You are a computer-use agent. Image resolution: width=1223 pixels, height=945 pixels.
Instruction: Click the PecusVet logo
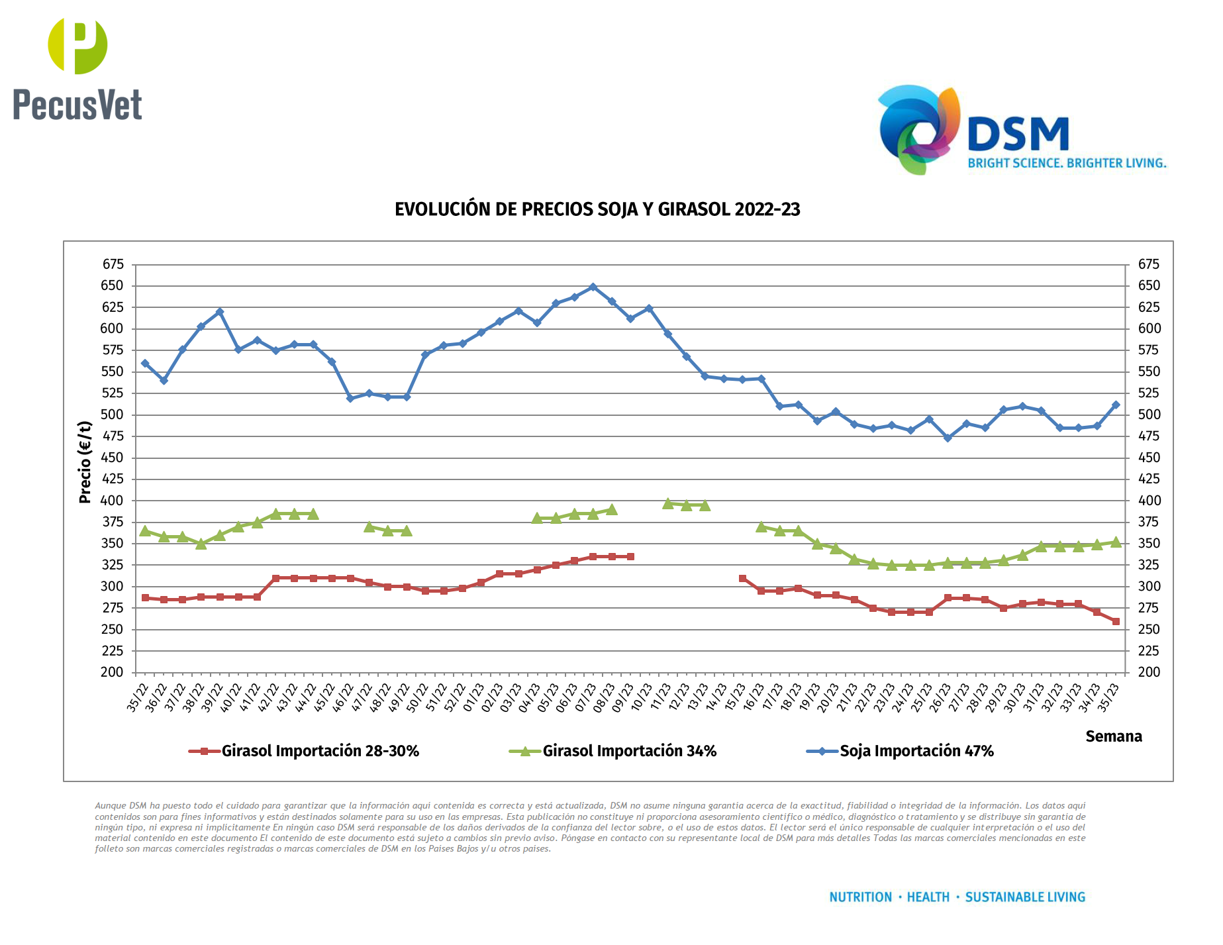(77, 70)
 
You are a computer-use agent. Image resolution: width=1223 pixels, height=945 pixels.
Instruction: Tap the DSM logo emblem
(919, 130)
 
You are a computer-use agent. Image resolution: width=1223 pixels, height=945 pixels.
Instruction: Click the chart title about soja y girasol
(597, 209)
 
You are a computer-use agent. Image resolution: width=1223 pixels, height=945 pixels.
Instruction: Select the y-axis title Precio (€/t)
(85, 462)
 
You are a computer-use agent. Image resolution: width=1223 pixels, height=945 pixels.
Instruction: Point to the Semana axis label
(1113, 736)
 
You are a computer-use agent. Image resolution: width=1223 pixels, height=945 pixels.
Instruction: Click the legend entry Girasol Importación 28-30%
(320, 751)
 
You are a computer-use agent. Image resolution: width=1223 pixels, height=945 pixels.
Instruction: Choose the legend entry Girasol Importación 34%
(629, 751)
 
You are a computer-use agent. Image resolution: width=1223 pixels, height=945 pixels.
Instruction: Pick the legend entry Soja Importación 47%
(916, 751)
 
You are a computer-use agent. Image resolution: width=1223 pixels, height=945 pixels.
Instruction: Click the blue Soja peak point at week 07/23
(593, 287)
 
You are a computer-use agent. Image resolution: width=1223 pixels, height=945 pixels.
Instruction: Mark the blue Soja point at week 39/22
(220, 312)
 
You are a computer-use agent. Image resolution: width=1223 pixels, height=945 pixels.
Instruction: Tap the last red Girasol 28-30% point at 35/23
(1116, 621)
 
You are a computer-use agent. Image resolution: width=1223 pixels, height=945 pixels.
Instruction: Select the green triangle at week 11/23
(667, 504)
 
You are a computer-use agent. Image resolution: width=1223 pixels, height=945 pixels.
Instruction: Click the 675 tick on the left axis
(113, 264)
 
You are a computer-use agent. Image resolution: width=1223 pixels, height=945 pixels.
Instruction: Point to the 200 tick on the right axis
(1148, 672)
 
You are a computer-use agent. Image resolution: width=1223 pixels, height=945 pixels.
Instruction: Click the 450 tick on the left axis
(113, 458)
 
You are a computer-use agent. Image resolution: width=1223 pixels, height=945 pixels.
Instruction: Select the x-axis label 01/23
(473, 697)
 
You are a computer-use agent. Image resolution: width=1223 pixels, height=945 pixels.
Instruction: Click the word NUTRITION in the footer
(860, 897)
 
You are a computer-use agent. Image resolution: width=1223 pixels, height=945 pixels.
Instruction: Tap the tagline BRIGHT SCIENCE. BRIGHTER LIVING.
(1067, 163)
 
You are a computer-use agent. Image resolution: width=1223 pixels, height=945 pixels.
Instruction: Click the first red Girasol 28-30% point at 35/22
(145, 598)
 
